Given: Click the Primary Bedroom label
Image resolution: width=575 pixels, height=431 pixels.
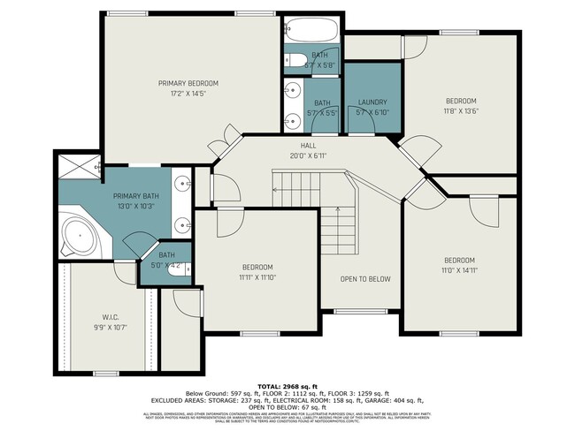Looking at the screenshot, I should point(188,83).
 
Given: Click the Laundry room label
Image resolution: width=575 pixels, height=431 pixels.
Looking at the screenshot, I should point(372,102).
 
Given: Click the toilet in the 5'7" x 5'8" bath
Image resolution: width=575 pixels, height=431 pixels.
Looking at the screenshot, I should point(292,60).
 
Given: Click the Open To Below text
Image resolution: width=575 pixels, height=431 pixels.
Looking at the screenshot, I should point(365,279).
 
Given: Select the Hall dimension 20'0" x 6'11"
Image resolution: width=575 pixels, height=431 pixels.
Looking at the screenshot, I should point(308,155).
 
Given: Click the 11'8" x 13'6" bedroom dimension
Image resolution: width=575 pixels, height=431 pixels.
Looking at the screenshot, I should point(460,111).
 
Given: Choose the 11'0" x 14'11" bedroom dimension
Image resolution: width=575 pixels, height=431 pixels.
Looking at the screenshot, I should point(460,271).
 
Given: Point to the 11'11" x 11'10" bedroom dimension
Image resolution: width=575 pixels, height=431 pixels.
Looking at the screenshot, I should point(257,277).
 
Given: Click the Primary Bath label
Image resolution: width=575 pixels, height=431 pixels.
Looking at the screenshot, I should point(135,195).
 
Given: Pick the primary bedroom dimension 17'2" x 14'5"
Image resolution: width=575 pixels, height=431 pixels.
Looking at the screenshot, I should point(188,93).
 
